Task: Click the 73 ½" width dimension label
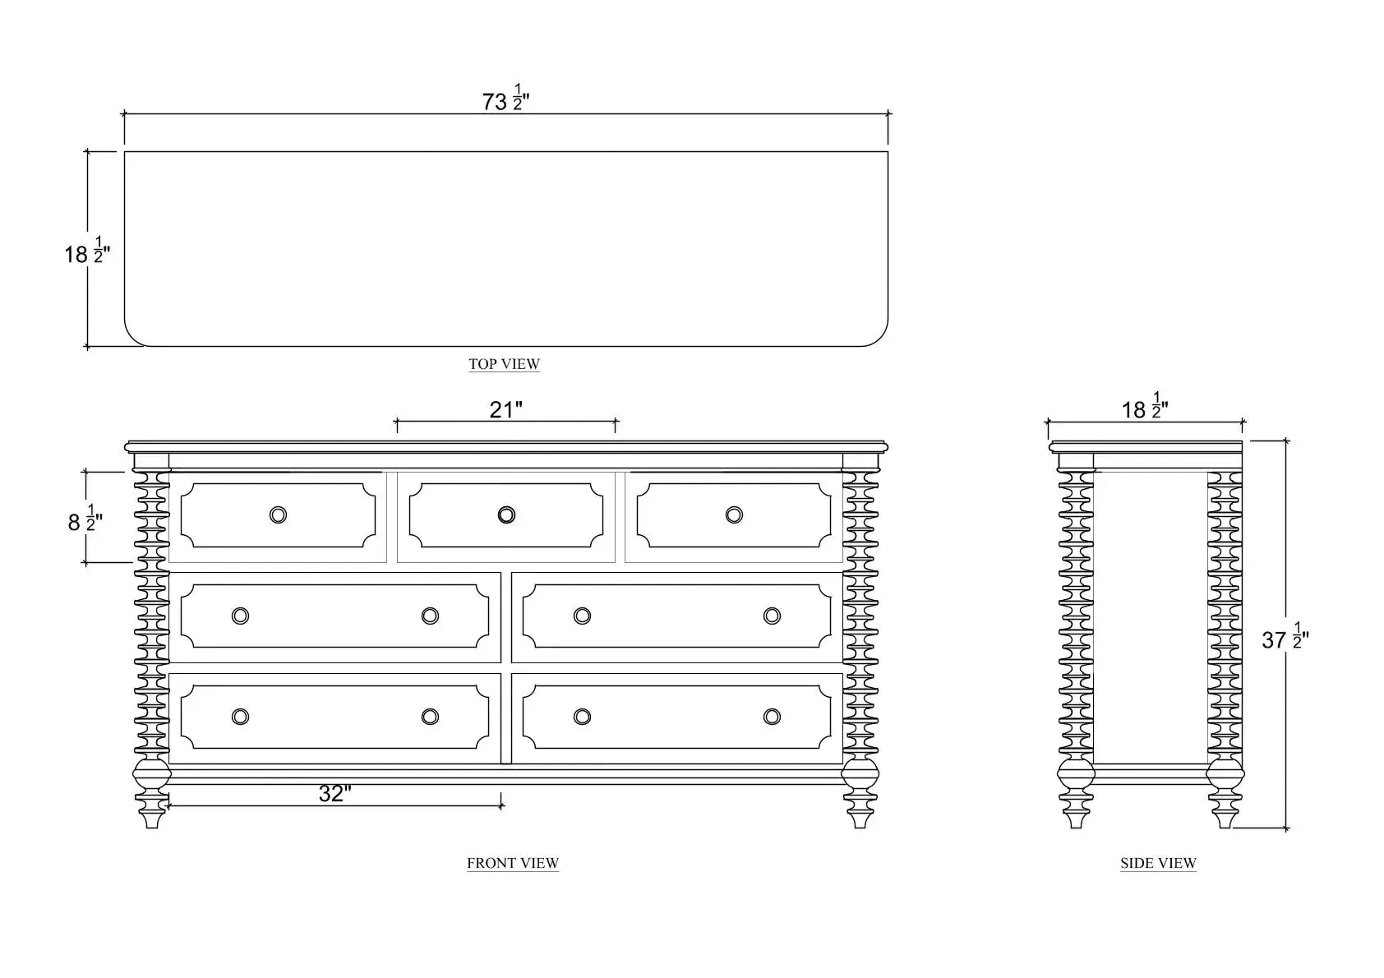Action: [x=505, y=100]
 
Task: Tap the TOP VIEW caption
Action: [x=504, y=364]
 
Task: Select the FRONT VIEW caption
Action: [x=513, y=863]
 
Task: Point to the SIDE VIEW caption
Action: [x=1158, y=863]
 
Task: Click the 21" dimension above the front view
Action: [x=505, y=409]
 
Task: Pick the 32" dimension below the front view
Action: [x=334, y=794]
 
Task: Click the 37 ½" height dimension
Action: [x=1285, y=639]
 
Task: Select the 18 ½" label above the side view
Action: [x=1145, y=408]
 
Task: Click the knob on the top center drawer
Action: [x=506, y=515]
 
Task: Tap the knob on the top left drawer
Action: [x=279, y=515]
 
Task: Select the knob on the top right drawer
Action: [x=734, y=515]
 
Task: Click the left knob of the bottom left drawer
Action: [x=240, y=717]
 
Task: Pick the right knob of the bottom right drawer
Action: [x=772, y=717]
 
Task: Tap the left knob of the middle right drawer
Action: [x=582, y=616]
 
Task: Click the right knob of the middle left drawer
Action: [x=430, y=616]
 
